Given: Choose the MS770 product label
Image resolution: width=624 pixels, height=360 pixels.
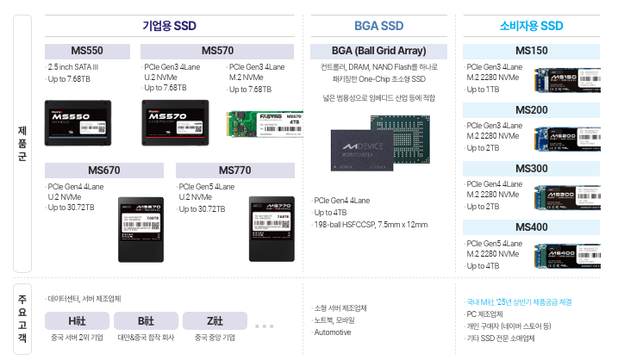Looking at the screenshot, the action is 235,170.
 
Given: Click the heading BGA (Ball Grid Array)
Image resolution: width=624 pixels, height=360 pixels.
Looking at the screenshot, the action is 378,51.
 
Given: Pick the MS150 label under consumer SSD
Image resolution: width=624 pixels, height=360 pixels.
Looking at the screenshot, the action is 531,51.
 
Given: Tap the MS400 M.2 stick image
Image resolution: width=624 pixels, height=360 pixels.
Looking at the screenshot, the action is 566,256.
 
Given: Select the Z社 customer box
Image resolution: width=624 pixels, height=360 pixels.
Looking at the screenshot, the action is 214,320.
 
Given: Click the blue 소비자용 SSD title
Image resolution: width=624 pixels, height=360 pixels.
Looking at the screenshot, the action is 531,26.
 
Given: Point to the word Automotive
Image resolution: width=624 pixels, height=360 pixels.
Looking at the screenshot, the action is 333,332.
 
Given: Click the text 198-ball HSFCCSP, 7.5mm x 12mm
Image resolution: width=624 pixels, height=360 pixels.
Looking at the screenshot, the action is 371,224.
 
